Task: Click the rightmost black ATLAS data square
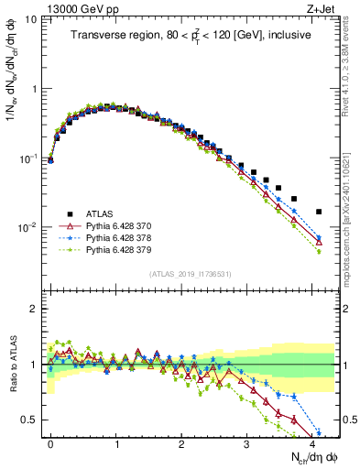(319, 212)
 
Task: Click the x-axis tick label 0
(50, 442)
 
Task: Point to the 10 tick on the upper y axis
(32, 19)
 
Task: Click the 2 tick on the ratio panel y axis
(35, 309)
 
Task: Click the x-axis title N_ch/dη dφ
(313, 456)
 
